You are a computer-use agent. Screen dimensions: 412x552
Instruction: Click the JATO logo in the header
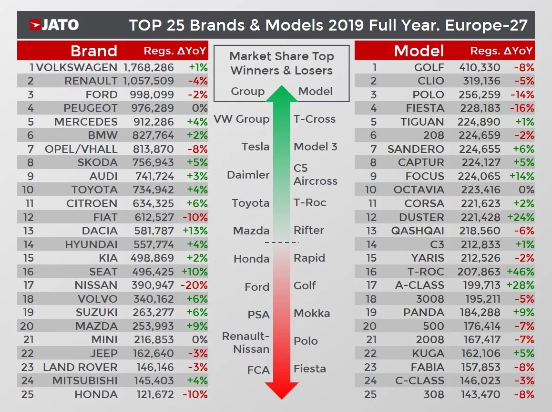pos(54,25)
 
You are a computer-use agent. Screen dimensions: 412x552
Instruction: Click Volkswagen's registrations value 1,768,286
pos(148,67)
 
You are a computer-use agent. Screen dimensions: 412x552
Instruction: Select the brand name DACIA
pos(100,231)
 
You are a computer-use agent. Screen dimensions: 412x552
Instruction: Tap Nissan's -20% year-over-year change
pos(195,285)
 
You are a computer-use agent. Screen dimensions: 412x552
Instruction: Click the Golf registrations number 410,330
pos(480,67)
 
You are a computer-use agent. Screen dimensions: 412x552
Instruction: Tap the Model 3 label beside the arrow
pos(315,147)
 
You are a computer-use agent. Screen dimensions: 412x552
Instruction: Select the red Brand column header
pos(94,51)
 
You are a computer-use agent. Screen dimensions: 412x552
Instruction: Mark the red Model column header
pos(419,51)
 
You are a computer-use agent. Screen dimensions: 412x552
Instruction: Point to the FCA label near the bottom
pos(258,370)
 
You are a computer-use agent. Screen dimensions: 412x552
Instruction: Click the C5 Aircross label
pos(315,174)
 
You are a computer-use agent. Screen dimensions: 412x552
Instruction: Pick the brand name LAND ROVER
pos(80,367)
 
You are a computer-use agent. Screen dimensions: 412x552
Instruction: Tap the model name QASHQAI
pos(418,231)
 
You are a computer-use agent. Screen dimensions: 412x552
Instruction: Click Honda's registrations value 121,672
pos(152,394)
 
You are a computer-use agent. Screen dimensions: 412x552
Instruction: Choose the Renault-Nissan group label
pos(246,342)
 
